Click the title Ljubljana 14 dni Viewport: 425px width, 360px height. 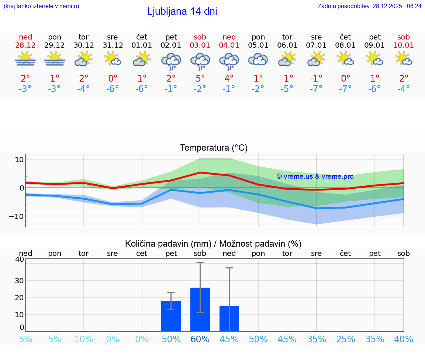[182, 11]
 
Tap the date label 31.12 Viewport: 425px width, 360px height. [113, 45]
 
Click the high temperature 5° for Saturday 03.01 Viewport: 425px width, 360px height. [200, 78]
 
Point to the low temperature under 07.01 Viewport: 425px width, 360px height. [316, 89]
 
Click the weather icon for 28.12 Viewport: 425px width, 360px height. [25, 59]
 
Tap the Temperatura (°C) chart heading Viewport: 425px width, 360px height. [214, 148]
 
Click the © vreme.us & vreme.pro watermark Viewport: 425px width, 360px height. [315, 176]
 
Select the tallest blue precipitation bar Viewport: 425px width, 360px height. [200, 309]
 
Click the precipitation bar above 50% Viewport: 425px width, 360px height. [171, 316]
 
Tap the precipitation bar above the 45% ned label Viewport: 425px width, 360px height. [229, 319]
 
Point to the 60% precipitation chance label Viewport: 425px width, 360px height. [200, 339]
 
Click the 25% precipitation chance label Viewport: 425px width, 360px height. [345, 339]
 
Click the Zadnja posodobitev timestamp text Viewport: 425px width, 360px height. [369, 6]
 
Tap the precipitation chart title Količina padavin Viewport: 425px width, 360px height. [213, 244]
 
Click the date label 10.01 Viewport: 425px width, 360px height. [404, 45]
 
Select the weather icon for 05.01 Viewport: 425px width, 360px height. [258, 60]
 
